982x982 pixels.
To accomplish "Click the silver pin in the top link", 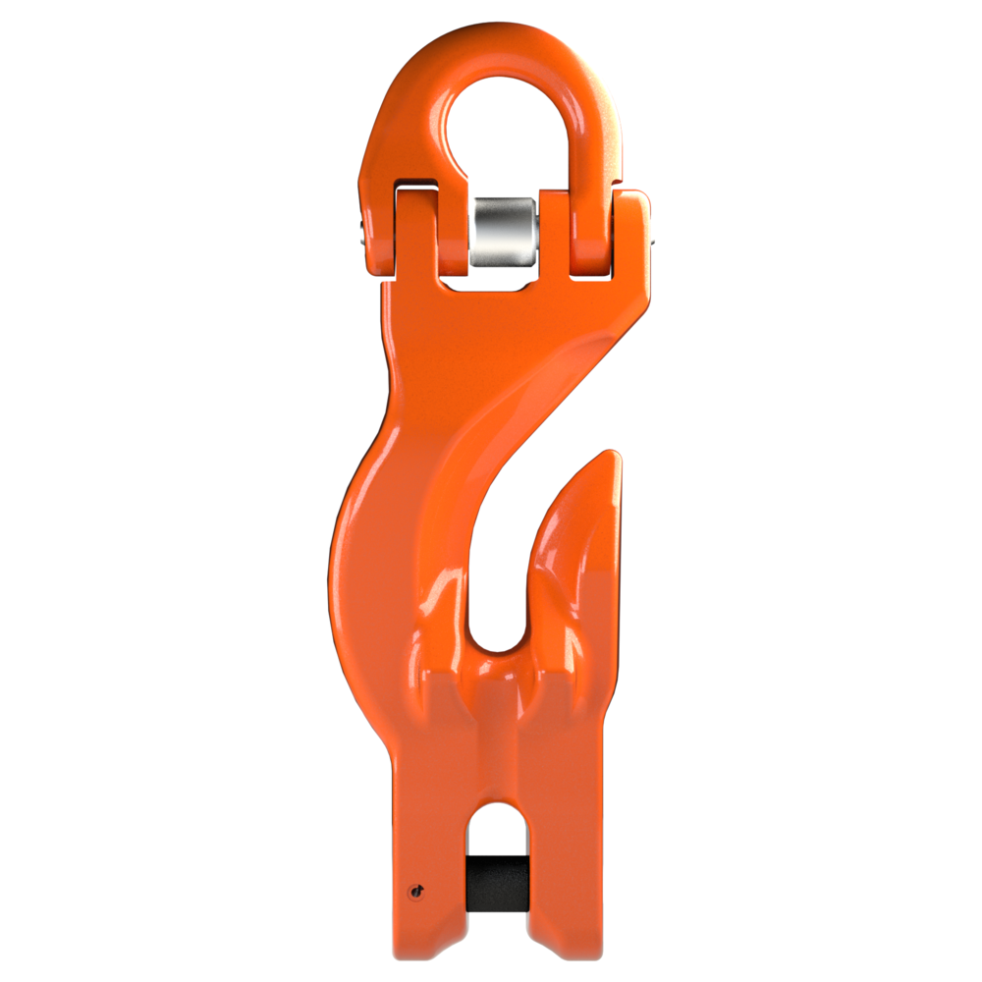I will click(x=503, y=230).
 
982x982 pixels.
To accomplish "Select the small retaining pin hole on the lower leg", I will click(x=417, y=891).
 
